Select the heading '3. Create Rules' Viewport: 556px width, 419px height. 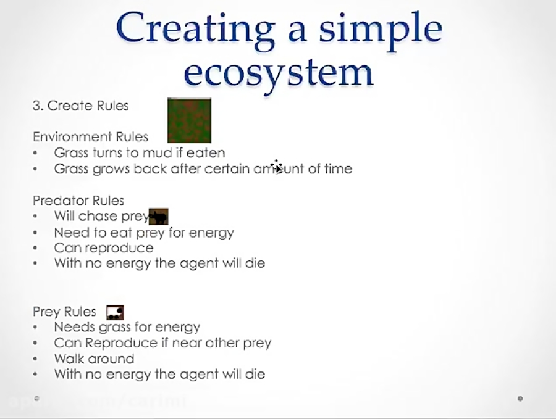coord(80,106)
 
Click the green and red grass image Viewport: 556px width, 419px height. coord(189,120)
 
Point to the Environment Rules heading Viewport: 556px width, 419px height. coord(90,137)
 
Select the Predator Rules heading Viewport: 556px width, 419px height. coord(78,201)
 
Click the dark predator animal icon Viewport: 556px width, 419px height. coord(159,217)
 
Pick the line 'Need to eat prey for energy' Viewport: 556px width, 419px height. coord(144,233)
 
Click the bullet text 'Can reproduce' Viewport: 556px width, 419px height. coord(104,248)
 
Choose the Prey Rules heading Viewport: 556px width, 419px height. coord(64,312)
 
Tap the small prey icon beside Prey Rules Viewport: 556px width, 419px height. coord(116,312)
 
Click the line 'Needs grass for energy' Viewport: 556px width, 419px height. coord(127,327)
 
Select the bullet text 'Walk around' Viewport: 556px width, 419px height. coord(94,359)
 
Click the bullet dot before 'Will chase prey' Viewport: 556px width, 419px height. coord(36,217)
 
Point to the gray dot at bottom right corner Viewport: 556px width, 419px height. coord(520,399)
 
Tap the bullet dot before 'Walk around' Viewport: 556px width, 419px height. coord(36,359)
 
